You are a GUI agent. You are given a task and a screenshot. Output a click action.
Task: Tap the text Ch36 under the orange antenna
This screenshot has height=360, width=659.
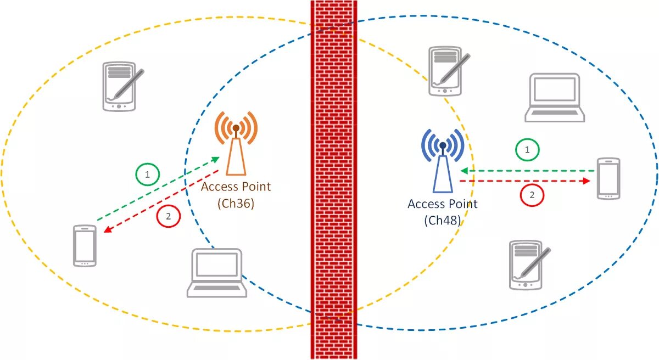pyautogui.click(x=236, y=203)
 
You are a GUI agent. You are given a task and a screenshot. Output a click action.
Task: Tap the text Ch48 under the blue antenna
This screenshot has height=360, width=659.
pyautogui.click(x=442, y=221)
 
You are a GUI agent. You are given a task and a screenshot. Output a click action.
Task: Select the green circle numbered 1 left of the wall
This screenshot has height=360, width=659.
pyautogui.click(x=147, y=175)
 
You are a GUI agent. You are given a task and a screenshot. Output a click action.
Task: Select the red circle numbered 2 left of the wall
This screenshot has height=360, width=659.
pyautogui.click(x=168, y=216)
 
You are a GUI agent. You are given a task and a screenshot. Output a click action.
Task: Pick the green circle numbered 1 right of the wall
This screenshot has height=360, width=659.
pyautogui.click(x=528, y=149)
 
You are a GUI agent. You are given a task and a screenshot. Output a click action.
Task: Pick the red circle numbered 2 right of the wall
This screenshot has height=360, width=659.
pyautogui.click(x=532, y=194)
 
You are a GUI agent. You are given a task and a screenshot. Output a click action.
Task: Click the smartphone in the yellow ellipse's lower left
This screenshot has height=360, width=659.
pyautogui.click(x=85, y=245)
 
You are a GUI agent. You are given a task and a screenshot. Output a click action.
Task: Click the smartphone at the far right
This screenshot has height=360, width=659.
pyautogui.click(x=608, y=178)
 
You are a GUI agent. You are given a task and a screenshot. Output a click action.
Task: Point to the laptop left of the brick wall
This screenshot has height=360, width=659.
pyautogui.click(x=216, y=273)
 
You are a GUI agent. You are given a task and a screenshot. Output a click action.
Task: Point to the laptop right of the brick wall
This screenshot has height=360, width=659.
pyautogui.click(x=555, y=97)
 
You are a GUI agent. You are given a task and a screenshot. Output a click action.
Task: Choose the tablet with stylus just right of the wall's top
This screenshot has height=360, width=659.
pyautogui.click(x=447, y=71)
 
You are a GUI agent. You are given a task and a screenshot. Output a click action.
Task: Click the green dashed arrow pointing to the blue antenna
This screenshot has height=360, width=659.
pyautogui.click(x=527, y=171)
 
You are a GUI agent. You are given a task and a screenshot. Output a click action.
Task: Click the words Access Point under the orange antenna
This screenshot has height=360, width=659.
pyautogui.click(x=236, y=187)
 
